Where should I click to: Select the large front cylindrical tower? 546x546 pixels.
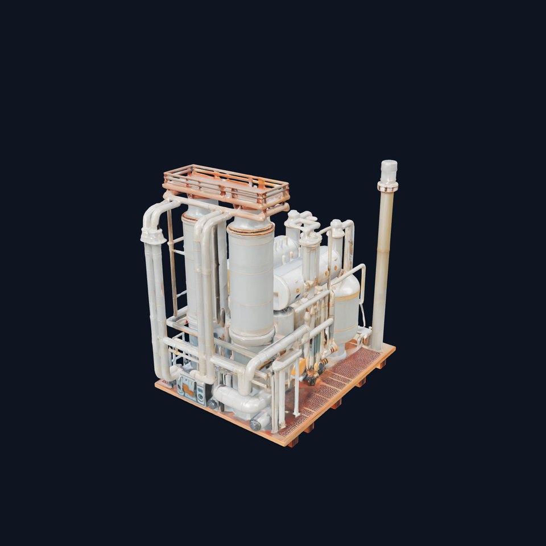coord(251,279)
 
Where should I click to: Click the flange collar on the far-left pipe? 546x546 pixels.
coord(152,235)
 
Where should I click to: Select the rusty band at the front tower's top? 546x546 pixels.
coord(251,229)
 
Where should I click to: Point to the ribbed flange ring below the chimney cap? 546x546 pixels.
coord(388,186)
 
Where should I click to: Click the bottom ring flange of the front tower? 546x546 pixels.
coord(251,337)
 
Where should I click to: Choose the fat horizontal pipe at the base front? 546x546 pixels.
coord(239,402)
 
